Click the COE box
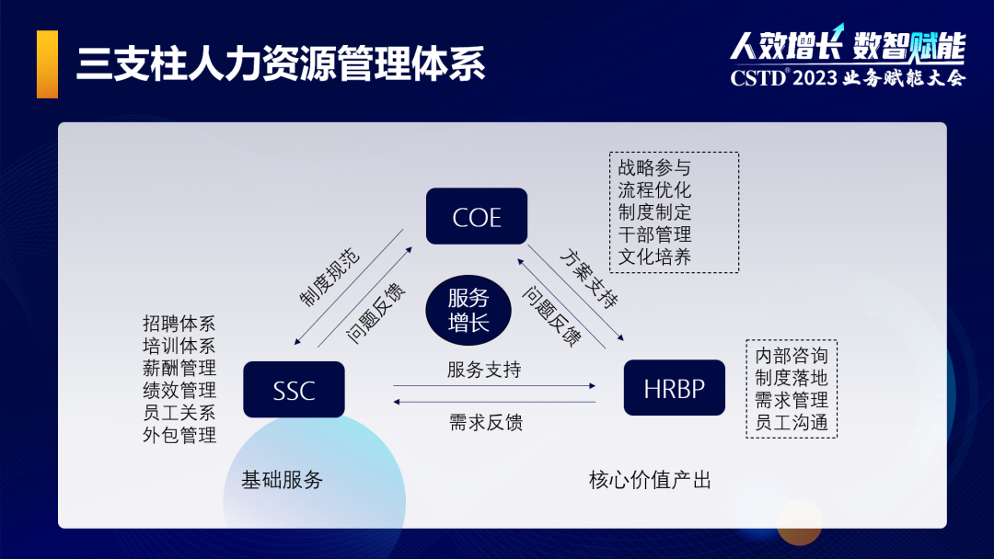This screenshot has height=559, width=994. pyautogui.click(x=477, y=217)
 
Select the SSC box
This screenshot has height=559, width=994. pyautogui.click(x=294, y=390)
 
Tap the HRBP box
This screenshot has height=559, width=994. pyautogui.click(x=674, y=388)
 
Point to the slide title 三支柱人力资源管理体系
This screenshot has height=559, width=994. pyautogui.click(x=281, y=64)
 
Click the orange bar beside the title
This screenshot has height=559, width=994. pyautogui.click(x=47, y=63)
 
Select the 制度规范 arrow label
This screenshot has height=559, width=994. pyautogui.click(x=329, y=276)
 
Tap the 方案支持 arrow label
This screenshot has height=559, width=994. pyautogui.click(x=588, y=278)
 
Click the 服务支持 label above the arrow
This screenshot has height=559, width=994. pyautogui.click(x=484, y=370)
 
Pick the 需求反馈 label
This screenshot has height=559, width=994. pyautogui.click(x=486, y=422)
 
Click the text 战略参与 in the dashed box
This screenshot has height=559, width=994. pyautogui.click(x=654, y=167)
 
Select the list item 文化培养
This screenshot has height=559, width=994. pyautogui.click(x=654, y=257)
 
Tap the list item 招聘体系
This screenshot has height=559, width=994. pyautogui.click(x=179, y=324)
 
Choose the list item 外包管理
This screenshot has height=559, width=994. pyautogui.click(x=179, y=435)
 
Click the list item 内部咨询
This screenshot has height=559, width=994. pyautogui.click(x=792, y=356)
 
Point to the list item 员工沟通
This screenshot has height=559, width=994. pyautogui.click(x=792, y=423)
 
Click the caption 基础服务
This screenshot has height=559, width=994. pyautogui.click(x=283, y=480)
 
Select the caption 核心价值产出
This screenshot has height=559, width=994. pyautogui.click(x=650, y=480)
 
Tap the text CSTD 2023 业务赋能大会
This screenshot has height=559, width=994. pyautogui.click(x=848, y=78)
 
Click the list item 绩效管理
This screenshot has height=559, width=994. pyautogui.click(x=179, y=390)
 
